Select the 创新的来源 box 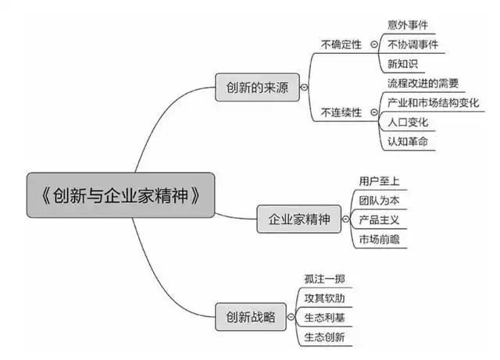(256, 88)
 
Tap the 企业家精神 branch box (299, 220)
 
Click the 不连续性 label (341, 112)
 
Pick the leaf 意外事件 (408, 25)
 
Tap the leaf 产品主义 (379, 221)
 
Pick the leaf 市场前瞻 (379, 241)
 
